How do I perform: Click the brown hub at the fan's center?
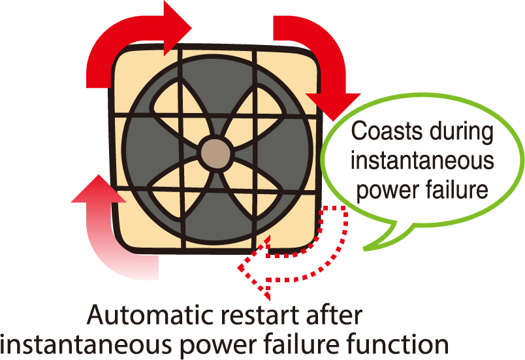(216, 153)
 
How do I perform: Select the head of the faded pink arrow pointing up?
(99, 189)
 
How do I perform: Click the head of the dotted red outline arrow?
(255, 267)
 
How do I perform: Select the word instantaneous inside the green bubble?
(422, 161)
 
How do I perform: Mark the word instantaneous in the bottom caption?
(87, 344)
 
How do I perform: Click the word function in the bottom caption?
(398, 344)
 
